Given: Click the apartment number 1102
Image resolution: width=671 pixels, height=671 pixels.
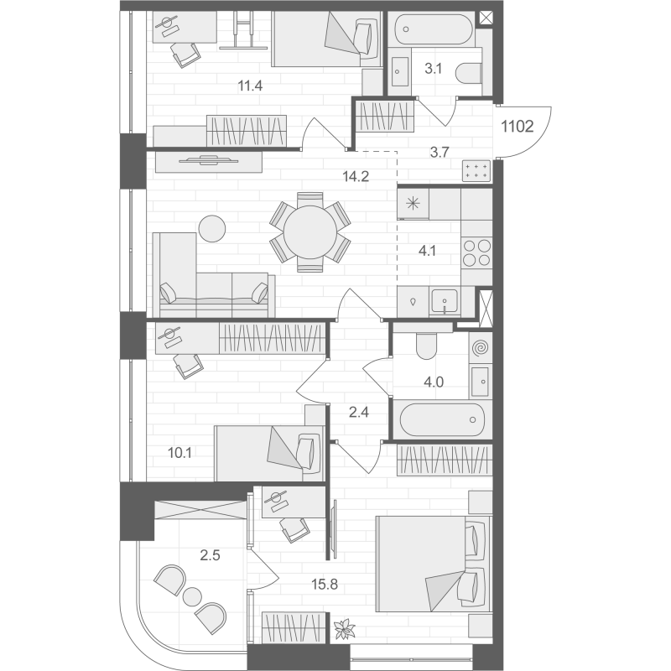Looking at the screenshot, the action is point(517,127).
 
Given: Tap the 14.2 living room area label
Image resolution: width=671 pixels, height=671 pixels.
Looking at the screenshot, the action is point(356,176).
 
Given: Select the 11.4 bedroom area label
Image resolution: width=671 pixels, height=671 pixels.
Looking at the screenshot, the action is point(250,86).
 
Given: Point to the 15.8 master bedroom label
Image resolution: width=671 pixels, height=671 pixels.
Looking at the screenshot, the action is point(325,584).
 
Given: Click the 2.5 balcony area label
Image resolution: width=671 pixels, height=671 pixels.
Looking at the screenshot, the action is point(211,555).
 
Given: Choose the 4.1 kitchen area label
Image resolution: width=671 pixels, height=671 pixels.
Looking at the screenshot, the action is point(427,250).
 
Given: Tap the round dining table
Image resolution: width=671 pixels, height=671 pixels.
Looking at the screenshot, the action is point(309,232).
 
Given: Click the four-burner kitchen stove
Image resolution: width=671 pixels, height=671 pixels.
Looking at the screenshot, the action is point(477,253).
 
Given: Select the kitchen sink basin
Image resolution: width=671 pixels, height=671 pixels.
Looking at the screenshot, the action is point(445,300).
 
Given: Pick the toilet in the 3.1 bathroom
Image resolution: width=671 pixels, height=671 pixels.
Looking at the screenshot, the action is point(470,73).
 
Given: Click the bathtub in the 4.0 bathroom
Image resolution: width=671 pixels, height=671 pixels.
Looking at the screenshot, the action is point(443,419).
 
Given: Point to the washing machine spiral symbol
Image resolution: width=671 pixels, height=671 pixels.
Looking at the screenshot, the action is point(480,349).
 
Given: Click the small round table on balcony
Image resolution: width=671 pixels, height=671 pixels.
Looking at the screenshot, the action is point(192,596).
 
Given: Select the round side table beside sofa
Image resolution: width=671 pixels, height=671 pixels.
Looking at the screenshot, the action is point(212,228).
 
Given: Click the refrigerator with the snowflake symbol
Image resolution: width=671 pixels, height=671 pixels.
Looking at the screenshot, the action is point(413,204).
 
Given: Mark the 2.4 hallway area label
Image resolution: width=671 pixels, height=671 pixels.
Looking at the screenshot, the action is point(359,412).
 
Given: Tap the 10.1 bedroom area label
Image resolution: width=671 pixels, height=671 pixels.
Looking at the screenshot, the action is point(179,452).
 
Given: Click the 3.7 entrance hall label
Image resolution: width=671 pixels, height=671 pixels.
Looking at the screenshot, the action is point(440,152).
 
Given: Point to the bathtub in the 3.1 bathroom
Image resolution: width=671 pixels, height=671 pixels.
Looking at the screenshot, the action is point(434,29).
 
